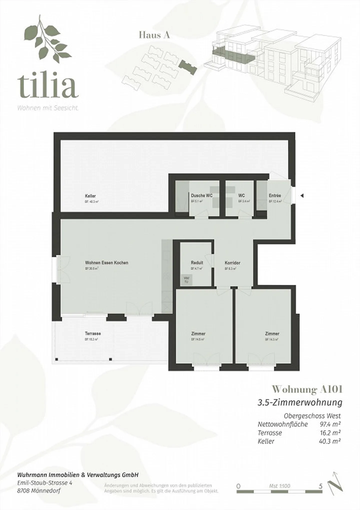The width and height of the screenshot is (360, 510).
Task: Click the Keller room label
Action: pyautogui.click(x=90, y=196)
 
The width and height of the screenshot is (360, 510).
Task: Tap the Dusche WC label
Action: pyautogui.click(x=201, y=196)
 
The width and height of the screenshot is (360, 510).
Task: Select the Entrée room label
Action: pyautogui.click(x=275, y=196)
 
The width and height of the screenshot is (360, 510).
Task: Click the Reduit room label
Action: pyautogui.click(x=197, y=263)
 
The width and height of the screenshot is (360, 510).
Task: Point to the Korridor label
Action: pyautogui.click(x=232, y=263)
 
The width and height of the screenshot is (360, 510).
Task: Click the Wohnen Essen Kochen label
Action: pyautogui.click(x=107, y=263)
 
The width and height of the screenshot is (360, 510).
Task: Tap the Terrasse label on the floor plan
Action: pyautogui.click(x=93, y=333)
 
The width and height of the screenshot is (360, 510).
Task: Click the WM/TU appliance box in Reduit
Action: pyautogui.click(x=186, y=280)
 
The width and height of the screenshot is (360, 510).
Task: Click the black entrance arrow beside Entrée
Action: pyautogui.click(x=302, y=196)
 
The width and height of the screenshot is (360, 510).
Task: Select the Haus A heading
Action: pyautogui.click(x=154, y=35)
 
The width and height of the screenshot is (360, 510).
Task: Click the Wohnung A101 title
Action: pyautogui.click(x=307, y=389)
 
